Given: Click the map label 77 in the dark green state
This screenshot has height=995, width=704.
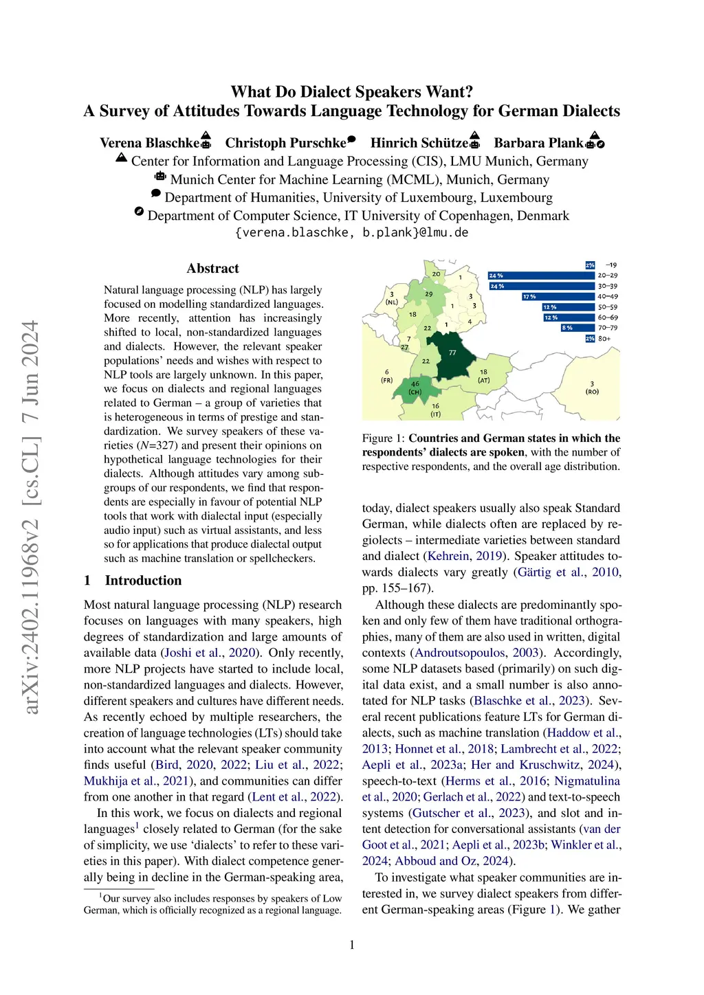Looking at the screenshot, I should (452, 353).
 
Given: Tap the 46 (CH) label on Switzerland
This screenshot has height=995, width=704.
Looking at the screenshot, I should (415, 388).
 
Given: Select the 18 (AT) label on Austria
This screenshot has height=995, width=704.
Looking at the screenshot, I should (484, 376).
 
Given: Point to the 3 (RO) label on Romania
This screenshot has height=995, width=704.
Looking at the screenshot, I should (592, 388).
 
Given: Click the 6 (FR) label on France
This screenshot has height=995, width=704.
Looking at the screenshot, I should (386, 376).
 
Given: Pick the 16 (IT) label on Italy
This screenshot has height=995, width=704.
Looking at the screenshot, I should (435, 410).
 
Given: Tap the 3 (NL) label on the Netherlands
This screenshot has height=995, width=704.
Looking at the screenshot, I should (392, 298).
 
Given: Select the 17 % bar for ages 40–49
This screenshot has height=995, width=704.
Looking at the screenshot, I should (558, 297).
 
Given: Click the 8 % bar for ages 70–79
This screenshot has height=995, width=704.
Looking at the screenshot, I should (577, 328).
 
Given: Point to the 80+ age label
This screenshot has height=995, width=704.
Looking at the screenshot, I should (604, 339).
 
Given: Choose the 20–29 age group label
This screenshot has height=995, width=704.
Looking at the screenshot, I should (608, 276).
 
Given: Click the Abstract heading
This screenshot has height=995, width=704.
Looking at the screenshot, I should (212, 269).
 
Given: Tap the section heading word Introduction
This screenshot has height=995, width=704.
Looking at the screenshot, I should (143, 581).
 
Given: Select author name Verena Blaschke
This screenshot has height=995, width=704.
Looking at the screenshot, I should (149, 143).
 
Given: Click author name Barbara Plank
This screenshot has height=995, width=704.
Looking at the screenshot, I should (538, 143).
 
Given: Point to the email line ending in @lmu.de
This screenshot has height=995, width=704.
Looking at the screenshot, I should (351, 232).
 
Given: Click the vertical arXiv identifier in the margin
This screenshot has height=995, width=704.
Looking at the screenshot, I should (32, 517).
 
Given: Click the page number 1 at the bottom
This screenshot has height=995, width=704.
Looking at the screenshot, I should (352, 945).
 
